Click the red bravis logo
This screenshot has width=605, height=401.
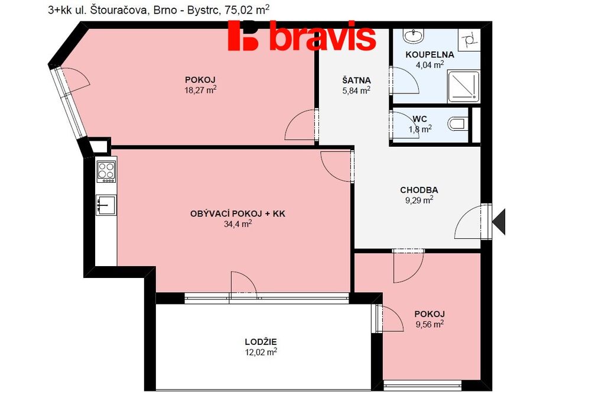point(302,35)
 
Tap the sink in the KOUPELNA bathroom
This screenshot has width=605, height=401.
point(414,35)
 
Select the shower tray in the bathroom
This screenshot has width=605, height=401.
point(463,86)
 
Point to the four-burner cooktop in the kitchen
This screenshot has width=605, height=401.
point(106,172)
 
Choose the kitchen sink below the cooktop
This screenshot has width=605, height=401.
point(106,205)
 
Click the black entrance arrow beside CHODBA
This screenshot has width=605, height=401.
point(499,221)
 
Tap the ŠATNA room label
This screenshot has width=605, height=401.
point(356,80)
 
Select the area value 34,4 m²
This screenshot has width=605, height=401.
point(238,224)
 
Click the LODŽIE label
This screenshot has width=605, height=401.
point(261,342)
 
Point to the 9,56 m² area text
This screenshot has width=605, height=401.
point(430,324)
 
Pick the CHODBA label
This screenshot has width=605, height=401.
point(419,190)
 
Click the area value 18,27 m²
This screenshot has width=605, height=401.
point(200,90)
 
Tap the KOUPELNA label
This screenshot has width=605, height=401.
point(430,55)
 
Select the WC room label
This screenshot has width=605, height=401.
point(420,119)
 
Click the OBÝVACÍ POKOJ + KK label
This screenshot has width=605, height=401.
point(238,214)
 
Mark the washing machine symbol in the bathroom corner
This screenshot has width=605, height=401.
point(469,39)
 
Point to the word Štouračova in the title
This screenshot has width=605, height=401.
point(118,10)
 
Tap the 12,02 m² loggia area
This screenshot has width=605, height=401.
point(261,352)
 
